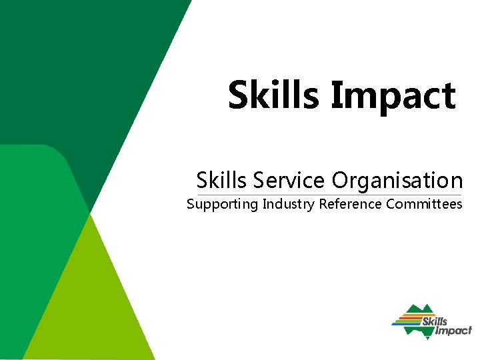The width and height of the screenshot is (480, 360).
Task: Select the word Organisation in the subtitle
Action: click(x=397, y=180)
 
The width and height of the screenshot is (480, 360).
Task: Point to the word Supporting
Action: click(x=222, y=204)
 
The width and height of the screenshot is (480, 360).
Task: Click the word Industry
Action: click(x=289, y=204)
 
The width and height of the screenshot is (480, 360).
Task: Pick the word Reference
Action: click(x=350, y=204)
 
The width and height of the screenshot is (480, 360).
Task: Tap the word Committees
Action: click(x=424, y=204)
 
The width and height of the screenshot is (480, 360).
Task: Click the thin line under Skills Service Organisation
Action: click(x=327, y=194)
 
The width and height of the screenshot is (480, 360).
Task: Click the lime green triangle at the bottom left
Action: click(x=93, y=307)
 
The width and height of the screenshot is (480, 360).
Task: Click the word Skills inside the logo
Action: click(x=435, y=322)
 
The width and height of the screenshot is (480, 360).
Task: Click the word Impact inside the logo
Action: click(x=453, y=331)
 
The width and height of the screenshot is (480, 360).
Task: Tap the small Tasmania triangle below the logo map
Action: click(x=427, y=338)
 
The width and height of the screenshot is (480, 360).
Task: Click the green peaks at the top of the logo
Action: click(x=420, y=309)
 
